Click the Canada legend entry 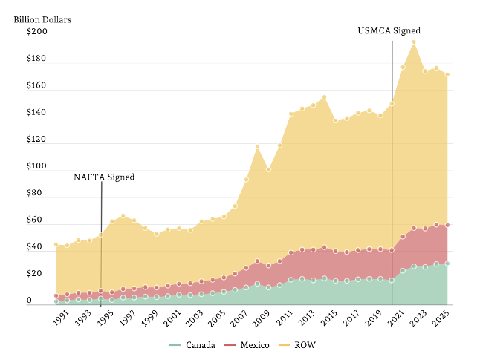(x=192, y=345)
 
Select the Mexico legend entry (x=247, y=345)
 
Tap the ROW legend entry (x=297, y=345)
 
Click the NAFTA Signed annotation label (x=104, y=177)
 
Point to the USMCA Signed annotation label (x=389, y=30)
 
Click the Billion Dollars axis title (x=42, y=20)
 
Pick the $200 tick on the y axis (x=37, y=31)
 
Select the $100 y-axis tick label (x=37, y=166)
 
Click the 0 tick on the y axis (x=29, y=301)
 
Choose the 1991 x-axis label (x=61, y=318)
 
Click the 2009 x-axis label (x=262, y=318)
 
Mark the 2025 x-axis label (x=441, y=318)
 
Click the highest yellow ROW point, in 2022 (x=414, y=42)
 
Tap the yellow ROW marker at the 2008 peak (x=257, y=147)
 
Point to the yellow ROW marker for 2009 (x=268, y=169)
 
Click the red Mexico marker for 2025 (x=447, y=225)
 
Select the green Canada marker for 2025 (x=447, y=264)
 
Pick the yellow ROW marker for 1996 (x=123, y=216)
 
